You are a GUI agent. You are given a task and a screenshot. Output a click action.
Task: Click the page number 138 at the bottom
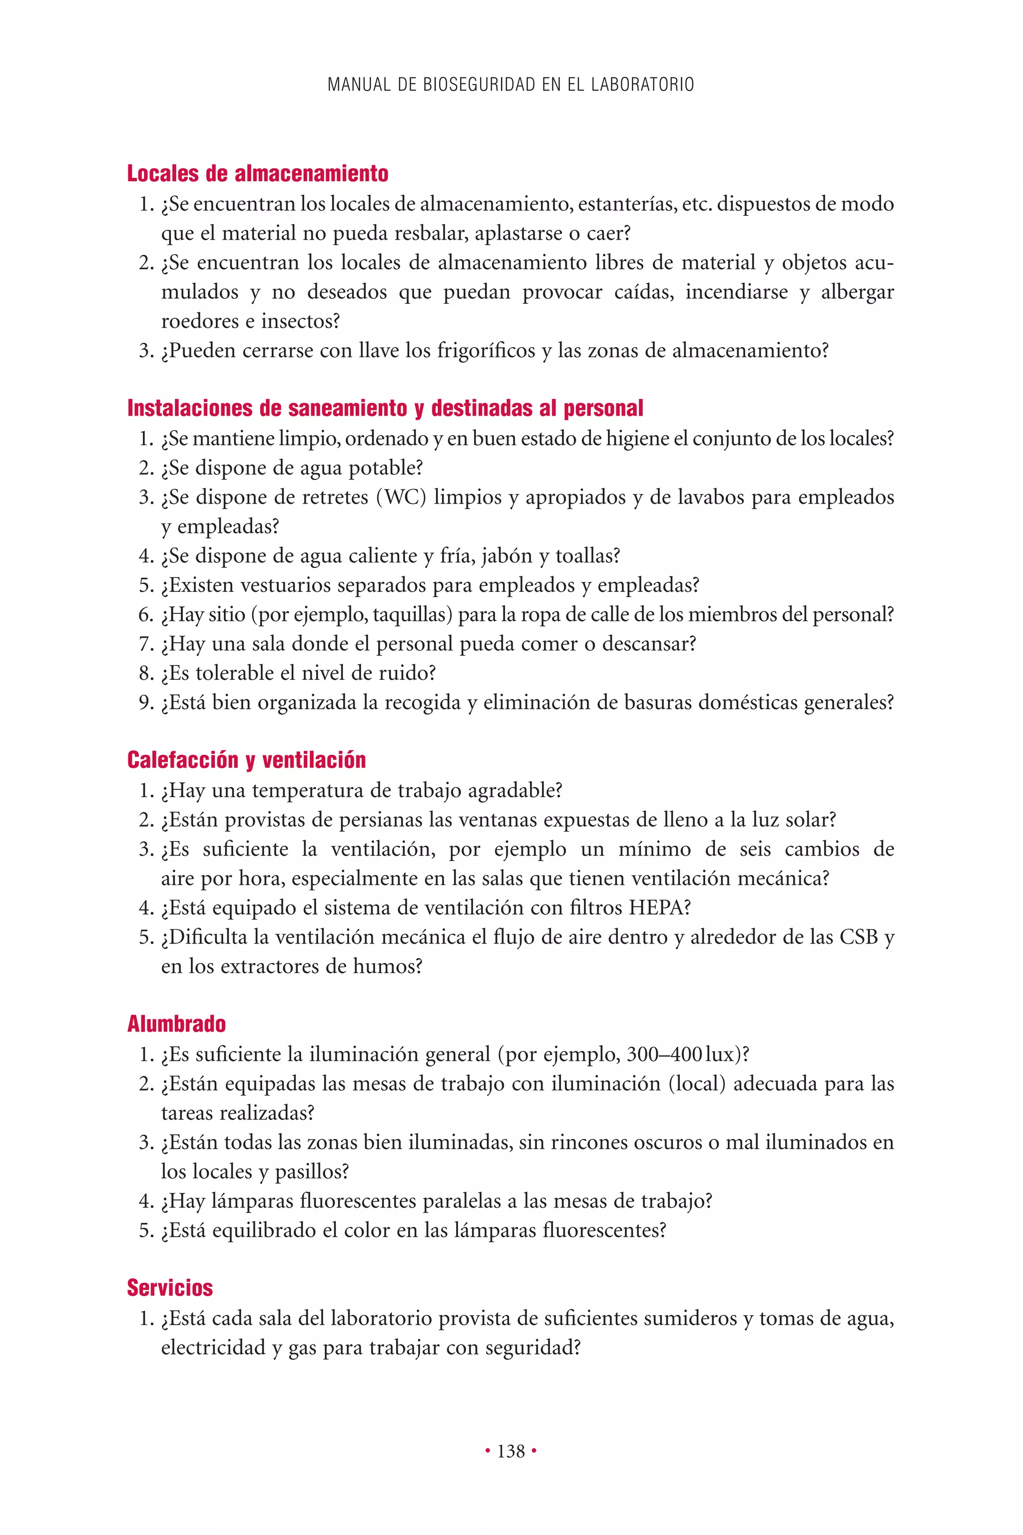[x=511, y=1451]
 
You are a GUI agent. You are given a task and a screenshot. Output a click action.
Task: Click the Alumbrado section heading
[x=176, y=1023]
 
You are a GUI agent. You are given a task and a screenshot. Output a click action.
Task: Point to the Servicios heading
[x=170, y=1288]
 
